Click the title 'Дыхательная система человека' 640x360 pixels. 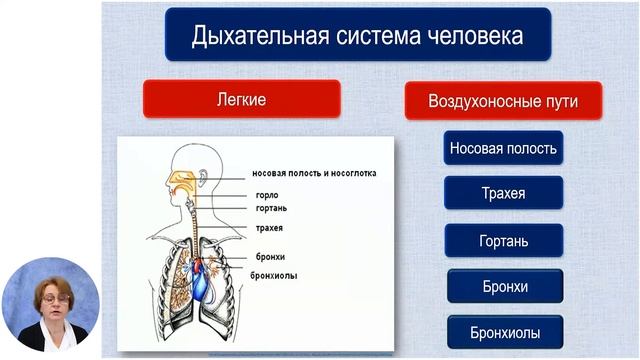pos(358,37)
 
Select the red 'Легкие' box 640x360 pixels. pos(241,100)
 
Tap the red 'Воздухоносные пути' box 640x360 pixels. pos(502,101)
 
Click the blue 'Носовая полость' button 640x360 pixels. pos(503,148)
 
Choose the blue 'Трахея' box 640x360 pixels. pos(503,193)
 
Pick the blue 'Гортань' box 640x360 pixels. pos(503,241)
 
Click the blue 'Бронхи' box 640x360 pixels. pos(503,287)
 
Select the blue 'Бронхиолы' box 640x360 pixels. pos(503,332)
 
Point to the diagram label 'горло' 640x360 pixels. pos(267,194)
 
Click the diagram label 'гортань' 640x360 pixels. pos(271,208)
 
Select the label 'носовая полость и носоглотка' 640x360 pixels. pos(313,172)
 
